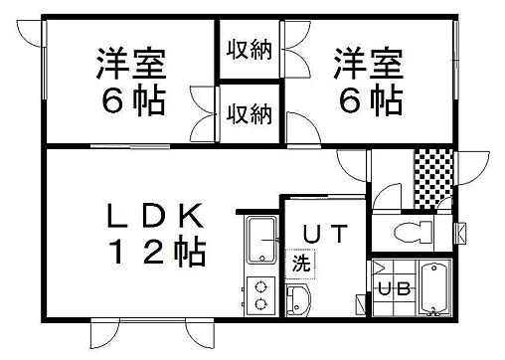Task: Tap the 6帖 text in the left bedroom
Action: click(x=130, y=100)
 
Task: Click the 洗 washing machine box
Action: click(x=298, y=265)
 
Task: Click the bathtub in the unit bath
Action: click(x=433, y=289)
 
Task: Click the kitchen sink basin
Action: click(x=261, y=240)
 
